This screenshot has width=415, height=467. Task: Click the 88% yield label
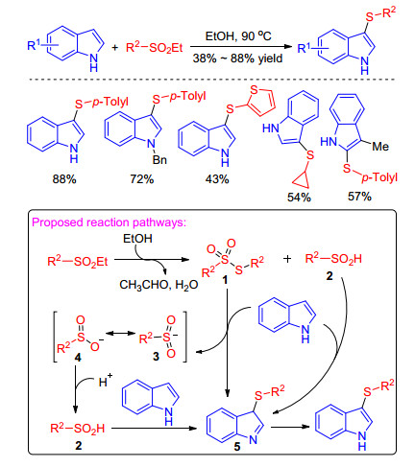(x=64, y=179)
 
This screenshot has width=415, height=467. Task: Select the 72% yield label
(x=141, y=179)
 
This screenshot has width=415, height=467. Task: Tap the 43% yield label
(x=217, y=179)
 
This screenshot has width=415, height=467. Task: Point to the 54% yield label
(x=299, y=198)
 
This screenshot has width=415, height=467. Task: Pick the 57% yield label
(x=359, y=197)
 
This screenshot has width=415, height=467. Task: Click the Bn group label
(x=159, y=159)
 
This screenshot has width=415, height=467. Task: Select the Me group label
(x=380, y=147)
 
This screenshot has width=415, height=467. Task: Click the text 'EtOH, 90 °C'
(x=238, y=35)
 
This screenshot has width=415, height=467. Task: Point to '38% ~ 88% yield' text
(x=237, y=58)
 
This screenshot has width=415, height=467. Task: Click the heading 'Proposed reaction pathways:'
(x=109, y=222)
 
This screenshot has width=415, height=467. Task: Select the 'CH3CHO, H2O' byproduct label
(x=159, y=285)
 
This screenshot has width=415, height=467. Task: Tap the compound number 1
(x=225, y=280)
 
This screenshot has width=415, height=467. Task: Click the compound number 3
(x=156, y=356)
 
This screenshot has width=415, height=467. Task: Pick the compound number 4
(x=78, y=358)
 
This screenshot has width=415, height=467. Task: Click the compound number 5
(x=237, y=447)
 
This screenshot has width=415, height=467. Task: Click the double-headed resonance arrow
(x=120, y=334)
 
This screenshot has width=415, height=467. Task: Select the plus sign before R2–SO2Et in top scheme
(x=115, y=48)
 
